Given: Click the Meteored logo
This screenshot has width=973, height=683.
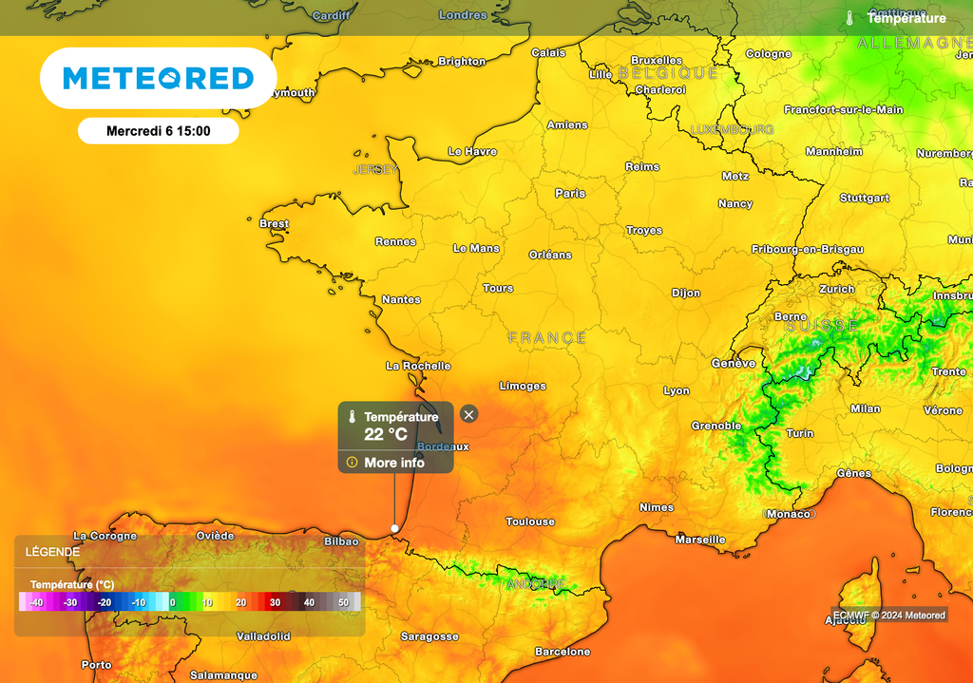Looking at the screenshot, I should point(158,78).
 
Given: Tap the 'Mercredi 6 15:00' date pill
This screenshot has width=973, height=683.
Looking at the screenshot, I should point(158,131).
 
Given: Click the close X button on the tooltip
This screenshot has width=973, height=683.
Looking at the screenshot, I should point(468,414).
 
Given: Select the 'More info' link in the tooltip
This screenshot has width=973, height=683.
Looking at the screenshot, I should point(394,463).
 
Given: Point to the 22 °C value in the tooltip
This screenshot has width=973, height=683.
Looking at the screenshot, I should point(386,434).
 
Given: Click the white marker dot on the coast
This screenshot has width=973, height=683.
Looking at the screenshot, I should point(395,528).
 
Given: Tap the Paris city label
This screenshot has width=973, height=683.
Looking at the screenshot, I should point(570,193).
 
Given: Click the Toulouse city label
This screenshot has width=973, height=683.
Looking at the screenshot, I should point(530,522).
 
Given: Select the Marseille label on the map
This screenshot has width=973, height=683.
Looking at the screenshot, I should point(700,540).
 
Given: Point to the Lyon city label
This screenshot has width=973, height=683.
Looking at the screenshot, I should point(677,390).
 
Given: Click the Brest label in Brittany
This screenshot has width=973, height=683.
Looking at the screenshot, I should point(274,224).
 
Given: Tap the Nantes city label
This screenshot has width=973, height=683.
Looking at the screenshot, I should point(401,299).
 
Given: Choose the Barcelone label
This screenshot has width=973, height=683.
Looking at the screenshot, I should point(563,652).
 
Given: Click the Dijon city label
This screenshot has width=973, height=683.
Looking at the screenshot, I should point(686,293).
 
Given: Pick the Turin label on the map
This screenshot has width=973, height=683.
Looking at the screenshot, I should point(800,433).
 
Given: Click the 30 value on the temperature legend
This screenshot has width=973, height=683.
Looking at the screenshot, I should point(275,602).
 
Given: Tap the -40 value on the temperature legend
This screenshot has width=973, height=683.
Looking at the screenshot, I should point(36,602).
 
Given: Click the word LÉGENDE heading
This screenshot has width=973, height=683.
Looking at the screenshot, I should point(53,551).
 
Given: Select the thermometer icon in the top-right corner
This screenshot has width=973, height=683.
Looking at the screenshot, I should point(850,18).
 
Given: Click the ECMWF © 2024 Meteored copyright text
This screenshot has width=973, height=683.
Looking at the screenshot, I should point(889,615).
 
